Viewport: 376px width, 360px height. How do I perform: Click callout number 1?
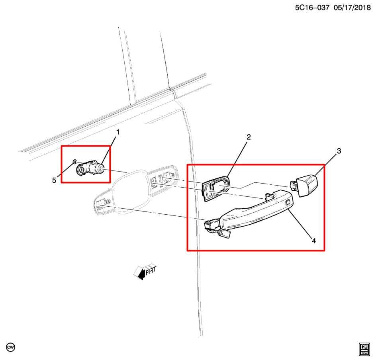coord(118,132)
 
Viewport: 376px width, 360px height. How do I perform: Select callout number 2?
coord(249,137)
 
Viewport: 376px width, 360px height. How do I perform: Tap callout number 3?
coord(339,151)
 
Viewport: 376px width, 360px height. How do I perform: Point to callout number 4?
coord(314,241)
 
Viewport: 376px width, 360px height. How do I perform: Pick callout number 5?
coord(54,180)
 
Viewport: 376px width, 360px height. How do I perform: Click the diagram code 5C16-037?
coord(312,8)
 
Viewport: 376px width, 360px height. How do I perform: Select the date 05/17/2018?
coord(352,8)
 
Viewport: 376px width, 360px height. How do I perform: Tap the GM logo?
coord(364,349)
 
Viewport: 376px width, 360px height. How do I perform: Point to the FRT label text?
coord(151,271)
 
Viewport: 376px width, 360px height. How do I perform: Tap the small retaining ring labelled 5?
coord(74,162)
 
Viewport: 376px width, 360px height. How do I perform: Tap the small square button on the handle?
coord(287,203)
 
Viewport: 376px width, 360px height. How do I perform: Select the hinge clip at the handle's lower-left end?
coord(217,229)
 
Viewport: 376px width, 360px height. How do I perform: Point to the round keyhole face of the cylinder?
coord(102,169)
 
